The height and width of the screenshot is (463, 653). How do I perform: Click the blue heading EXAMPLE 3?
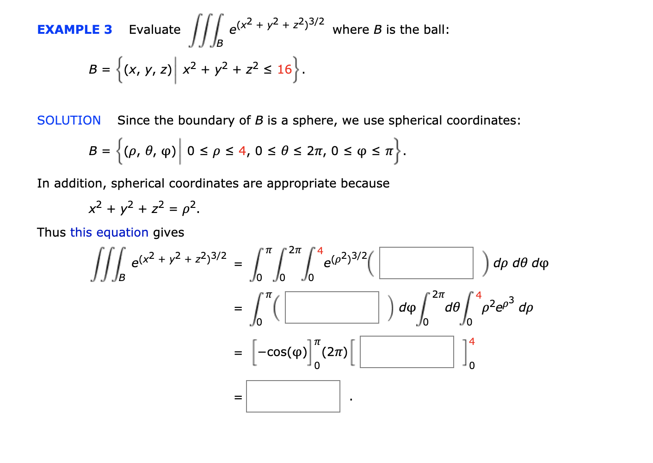pos(74,30)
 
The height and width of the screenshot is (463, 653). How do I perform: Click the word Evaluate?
pos(154,30)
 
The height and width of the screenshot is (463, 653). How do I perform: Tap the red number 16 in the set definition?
pos(284,69)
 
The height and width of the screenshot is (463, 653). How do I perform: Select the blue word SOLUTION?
pos(69,120)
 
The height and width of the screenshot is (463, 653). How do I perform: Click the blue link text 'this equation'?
pos(109,232)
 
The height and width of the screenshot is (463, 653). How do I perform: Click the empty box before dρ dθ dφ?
pos(426,263)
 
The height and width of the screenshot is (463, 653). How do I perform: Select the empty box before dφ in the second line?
pos(332,307)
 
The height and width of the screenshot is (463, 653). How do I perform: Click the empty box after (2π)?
pos(407,352)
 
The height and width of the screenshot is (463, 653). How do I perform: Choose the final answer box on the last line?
pos(293,396)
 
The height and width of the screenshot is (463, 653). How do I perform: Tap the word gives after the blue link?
pos(168,232)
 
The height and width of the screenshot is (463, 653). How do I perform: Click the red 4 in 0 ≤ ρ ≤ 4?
pos(242,151)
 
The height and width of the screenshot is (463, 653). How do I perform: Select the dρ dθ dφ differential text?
pos(521,263)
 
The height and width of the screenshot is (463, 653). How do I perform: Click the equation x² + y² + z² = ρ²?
pos(144,208)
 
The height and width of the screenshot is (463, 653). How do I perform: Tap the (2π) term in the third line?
pos(334,352)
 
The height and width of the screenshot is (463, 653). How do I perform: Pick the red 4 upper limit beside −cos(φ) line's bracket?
pos(472,342)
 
